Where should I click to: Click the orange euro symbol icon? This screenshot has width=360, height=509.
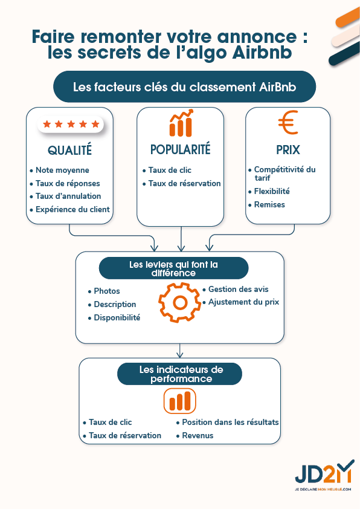pos(288,123)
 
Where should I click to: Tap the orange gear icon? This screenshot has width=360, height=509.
pos(179,300)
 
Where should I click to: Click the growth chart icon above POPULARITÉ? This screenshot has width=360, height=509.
pos(181,123)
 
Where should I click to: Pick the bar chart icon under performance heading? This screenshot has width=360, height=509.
pos(180,401)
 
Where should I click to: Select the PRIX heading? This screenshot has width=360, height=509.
pos(288,149)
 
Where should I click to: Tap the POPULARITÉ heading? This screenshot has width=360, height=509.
pos(181,149)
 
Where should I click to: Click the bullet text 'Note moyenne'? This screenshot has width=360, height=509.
pos(62,170)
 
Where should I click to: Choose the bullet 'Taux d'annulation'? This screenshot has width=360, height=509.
pos(68,196)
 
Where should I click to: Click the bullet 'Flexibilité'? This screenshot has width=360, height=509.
pos(272,191)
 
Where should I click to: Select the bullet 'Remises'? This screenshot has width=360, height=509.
pos(269,204)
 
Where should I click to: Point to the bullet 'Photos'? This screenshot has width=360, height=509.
pos(107,291)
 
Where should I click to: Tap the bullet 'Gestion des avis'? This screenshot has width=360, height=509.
pos(238,289)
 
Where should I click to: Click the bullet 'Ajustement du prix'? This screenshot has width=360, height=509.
pos(243,302)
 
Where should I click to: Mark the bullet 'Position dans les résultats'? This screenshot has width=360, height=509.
pos(230,422)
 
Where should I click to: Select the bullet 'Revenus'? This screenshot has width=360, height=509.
pos(198,435)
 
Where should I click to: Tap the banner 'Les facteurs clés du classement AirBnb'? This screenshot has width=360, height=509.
pos(185,87)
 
